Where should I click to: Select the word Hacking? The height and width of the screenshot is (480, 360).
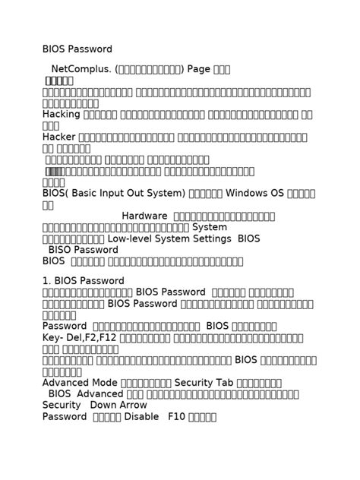(61, 114)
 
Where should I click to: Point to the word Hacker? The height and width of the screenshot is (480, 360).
(58, 137)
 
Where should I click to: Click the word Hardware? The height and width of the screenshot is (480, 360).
(144, 216)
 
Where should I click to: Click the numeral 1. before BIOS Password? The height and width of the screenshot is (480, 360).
(46, 281)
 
